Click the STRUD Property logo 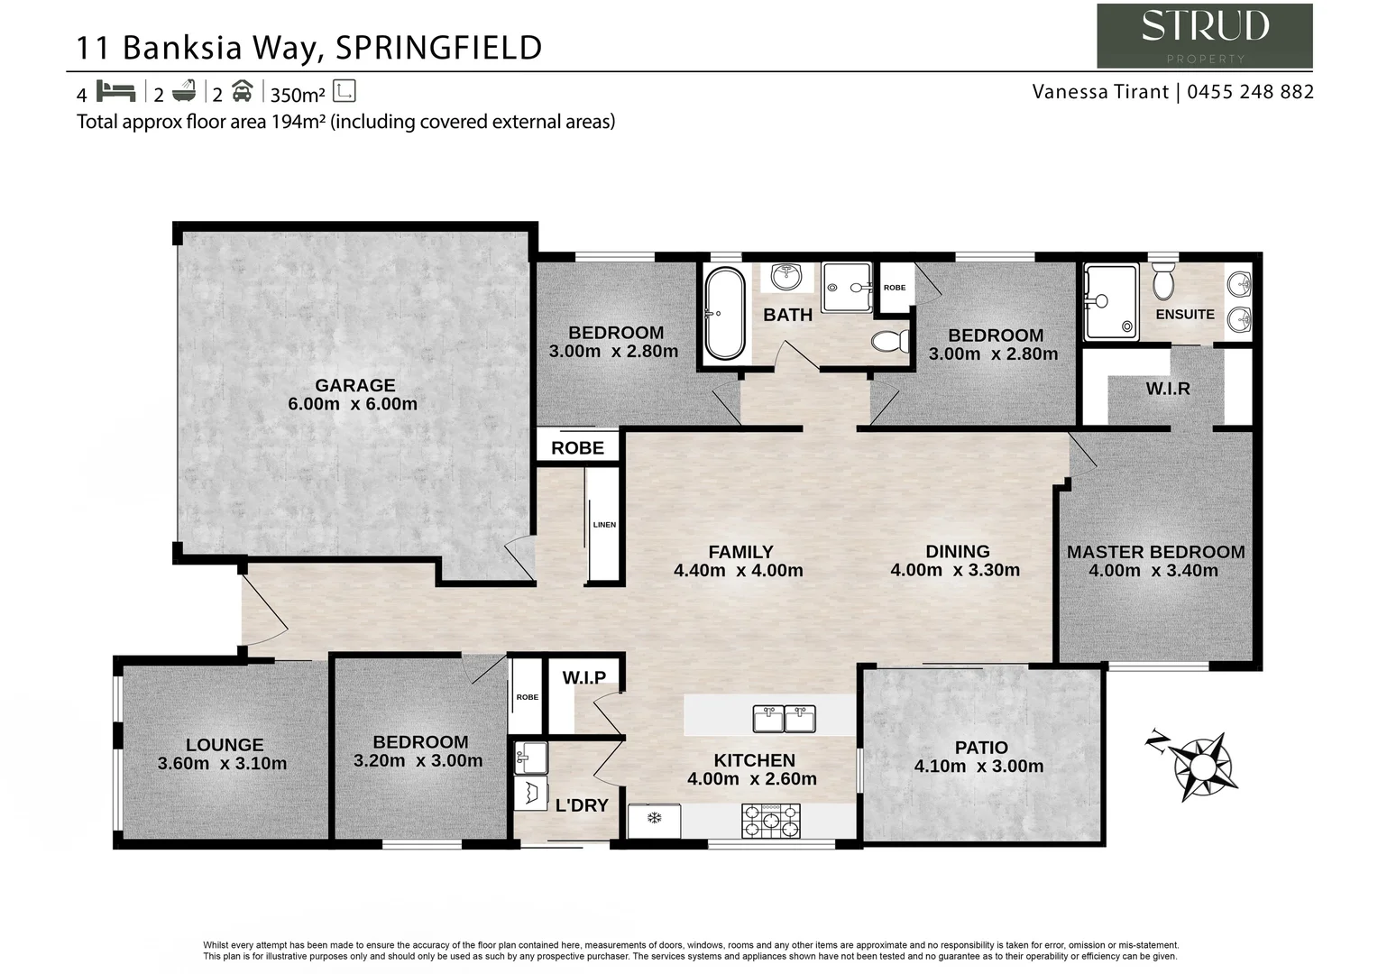pos(1204,35)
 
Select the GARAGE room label pos(354,385)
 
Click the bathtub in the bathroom pos(723,313)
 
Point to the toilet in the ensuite pos(1163,281)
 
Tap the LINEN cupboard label pos(604,524)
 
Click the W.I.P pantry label pos(583,677)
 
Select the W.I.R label pos(1168,389)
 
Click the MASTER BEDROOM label pos(1155,552)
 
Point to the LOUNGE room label pos(225,745)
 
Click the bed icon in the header pos(115,92)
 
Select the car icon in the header pos(242,92)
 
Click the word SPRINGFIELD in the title pos(438,48)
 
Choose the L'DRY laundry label pos(582,805)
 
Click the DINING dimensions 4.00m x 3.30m pos(955,570)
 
